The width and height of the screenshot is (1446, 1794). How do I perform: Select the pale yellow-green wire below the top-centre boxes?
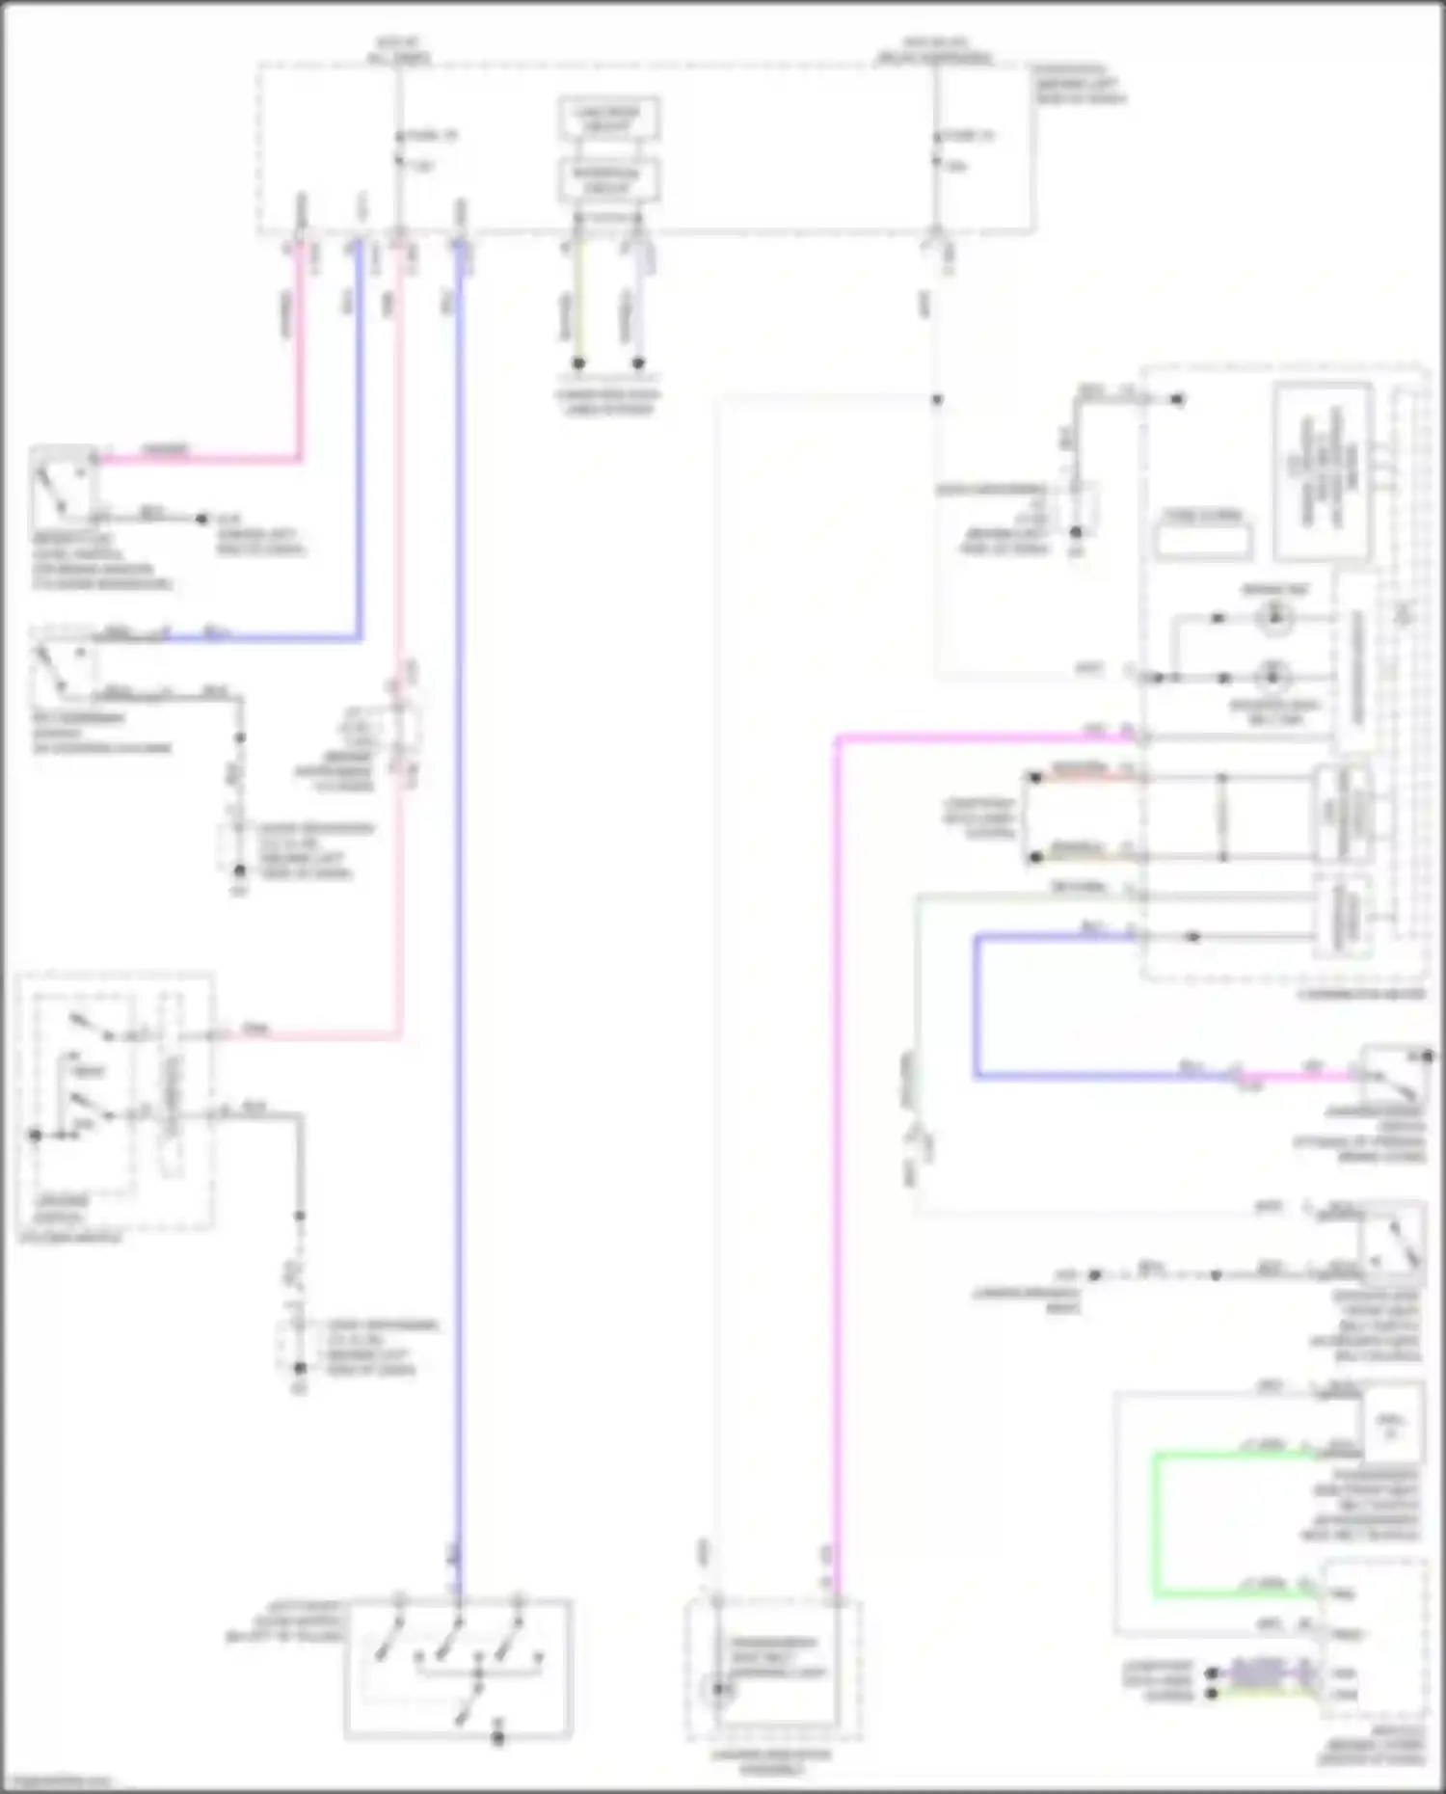click(x=577, y=299)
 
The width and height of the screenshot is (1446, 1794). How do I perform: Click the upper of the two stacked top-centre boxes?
click(x=609, y=120)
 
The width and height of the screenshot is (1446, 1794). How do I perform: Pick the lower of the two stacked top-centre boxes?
click(x=609, y=180)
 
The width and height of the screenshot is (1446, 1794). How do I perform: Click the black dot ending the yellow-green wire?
click(x=578, y=363)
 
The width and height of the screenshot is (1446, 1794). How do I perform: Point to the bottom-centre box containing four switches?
click(x=458, y=1669)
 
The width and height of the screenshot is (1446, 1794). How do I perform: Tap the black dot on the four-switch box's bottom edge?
click(x=497, y=1739)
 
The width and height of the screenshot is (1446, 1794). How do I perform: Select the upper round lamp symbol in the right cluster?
click(x=1274, y=617)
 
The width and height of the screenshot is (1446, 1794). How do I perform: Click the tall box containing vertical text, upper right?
click(x=1323, y=471)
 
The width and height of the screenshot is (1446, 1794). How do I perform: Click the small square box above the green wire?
click(x=1391, y=1428)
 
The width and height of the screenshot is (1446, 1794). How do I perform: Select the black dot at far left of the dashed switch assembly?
click(x=36, y=1135)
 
